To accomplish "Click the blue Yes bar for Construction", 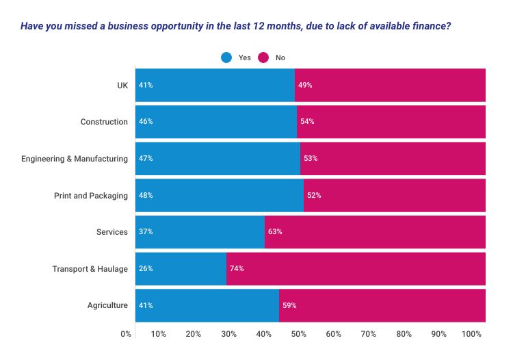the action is point(216,122).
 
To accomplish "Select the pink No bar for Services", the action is point(375,232).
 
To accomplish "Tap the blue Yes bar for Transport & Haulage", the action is point(181,269).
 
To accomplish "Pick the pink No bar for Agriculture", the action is point(382,305).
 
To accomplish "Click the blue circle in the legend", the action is point(226,57).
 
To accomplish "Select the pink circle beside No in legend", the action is point(263,57).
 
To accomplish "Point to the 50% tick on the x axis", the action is point(299,334).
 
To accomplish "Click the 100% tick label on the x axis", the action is point(471,334).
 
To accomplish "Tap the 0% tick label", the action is point(126,334).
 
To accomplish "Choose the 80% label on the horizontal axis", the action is point(404,334).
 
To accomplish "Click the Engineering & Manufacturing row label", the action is point(75,159).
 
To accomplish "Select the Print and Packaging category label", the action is point(91,196).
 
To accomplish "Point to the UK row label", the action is point(122,86).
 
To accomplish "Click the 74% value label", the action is point(237,269).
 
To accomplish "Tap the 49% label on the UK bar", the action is point(305,85).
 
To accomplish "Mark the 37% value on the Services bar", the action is point(146,232).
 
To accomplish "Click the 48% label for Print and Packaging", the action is point(146,195).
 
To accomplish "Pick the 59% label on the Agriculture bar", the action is point(289,305).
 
